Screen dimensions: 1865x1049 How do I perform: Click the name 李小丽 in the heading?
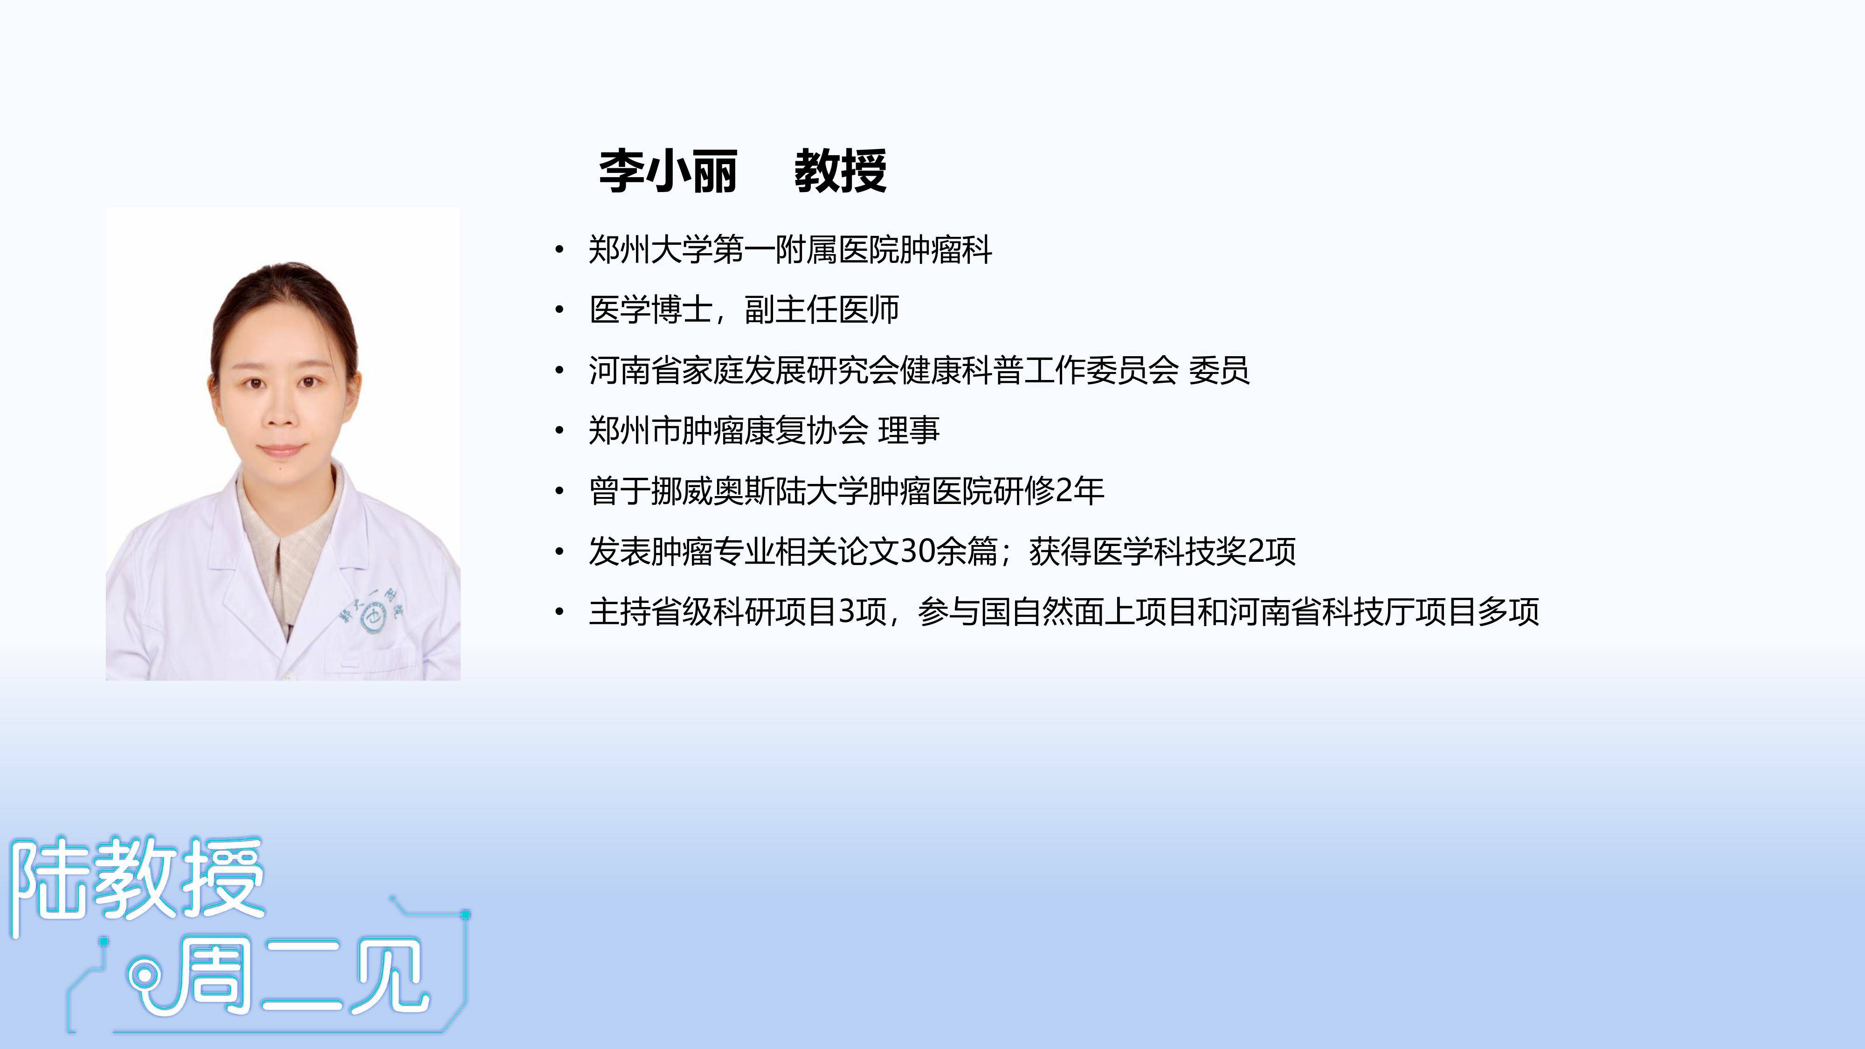pos(668,172)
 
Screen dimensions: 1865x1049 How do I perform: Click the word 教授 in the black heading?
pos(841,172)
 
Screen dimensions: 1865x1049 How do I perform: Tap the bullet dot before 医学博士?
pos(559,311)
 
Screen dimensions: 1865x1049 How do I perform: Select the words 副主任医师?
pos(822,310)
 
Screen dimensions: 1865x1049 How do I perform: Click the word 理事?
pos(909,431)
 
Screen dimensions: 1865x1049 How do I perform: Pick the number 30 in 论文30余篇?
pos(917,551)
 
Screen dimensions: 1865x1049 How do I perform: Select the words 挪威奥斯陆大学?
pos(759,491)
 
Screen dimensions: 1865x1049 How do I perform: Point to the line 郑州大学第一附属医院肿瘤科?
pos(790,250)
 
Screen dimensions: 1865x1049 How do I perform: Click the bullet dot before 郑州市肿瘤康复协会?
pos(559,431)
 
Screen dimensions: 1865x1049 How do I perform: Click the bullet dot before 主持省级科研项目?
pos(559,612)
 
